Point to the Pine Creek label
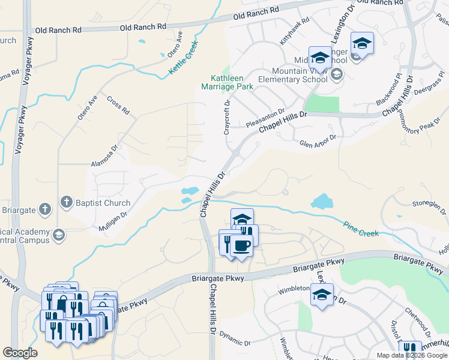(361, 229)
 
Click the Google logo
(20, 353)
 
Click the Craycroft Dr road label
(228, 118)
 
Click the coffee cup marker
(242, 245)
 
